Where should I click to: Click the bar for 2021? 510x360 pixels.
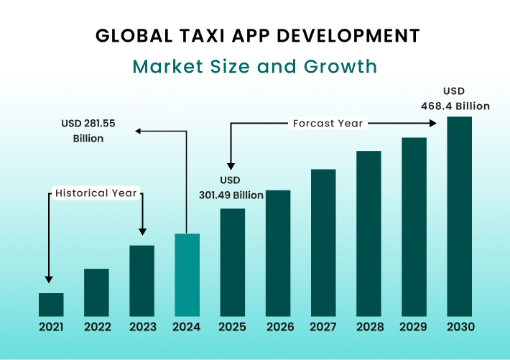click(x=51, y=305)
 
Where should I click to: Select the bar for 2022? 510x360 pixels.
click(x=96, y=292)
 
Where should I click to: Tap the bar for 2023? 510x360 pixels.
click(x=142, y=281)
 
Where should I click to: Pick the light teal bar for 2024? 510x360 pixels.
click(x=187, y=275)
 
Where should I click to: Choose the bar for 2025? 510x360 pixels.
click(x=232, y=262)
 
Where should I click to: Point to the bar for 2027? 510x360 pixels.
click(x=323, y=243)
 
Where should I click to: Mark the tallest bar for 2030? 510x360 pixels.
click(x=459, y=216)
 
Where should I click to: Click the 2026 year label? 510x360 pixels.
click(x=278, y=327)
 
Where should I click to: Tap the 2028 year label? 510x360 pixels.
click(x=368, y=327)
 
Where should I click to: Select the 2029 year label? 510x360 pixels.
click(x=414, y=327)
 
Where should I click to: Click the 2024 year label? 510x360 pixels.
click(x=187, y=327)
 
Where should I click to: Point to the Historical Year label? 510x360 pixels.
click(x=96, y=193)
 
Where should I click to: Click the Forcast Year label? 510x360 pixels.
click(x=328, y=124)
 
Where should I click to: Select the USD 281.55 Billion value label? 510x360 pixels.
click(x=88, y=131)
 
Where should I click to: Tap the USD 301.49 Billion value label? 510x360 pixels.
click(x=231, y=188)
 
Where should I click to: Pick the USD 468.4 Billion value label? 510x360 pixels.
click(x=455, y=98)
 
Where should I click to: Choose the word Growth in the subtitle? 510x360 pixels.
click(x=343, y=67)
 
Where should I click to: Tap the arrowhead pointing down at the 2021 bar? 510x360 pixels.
click(x=48, y=279)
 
